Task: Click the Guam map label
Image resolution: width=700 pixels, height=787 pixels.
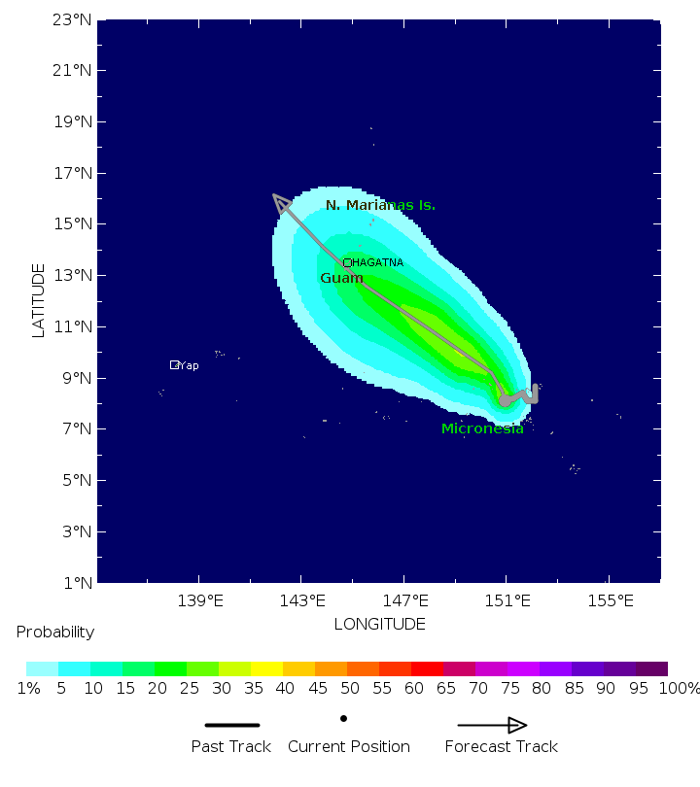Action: (341, 279)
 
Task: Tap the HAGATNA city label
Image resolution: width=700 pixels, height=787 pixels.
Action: (378, 263)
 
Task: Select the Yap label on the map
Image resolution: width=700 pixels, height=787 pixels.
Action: (189, 366)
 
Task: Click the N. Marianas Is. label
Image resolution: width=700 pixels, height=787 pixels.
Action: (380, 206)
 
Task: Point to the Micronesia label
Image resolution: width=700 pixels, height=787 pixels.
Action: (482, 428)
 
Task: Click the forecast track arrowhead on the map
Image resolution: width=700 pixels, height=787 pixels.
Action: (281, 202)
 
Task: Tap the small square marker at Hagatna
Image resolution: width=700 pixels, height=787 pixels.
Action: (347, 262)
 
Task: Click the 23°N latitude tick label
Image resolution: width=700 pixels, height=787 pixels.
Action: (73, 19)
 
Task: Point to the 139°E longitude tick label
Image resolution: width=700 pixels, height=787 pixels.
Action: (199, 600)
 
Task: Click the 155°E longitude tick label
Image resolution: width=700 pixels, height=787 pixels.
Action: (609, 600)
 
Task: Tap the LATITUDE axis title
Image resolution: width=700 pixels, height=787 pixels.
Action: (39, 300)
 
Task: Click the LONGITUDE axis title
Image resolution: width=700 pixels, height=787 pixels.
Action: (379, 624)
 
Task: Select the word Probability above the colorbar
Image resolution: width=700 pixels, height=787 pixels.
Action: (55, 633)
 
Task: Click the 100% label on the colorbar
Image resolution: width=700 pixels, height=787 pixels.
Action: (679, 689)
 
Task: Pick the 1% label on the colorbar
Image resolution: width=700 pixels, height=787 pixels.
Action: (28, 689)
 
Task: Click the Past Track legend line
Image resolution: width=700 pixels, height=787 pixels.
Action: (232, 725)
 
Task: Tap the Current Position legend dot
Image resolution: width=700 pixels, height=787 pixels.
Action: (343, 719)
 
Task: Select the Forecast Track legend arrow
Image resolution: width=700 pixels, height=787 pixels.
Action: (493, 725)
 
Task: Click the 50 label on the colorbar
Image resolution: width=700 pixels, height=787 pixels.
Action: (348, 689)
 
